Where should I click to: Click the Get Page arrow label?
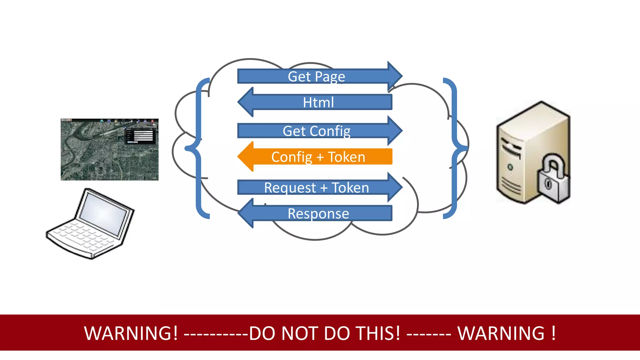[x=316, y=77]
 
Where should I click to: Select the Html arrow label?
[x=318, y=102]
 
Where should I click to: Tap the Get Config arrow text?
[x=316, y=131]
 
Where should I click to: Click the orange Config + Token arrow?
[x=318, y=157]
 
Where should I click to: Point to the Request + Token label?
[x=316, y=188]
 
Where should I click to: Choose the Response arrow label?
[x=318, y=214]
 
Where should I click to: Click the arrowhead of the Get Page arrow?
[x=395, y=76]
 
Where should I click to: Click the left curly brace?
[x=197, y=148]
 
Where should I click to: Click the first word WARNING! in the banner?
[x=131, y=333]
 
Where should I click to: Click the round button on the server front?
[x=510, y=167]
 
